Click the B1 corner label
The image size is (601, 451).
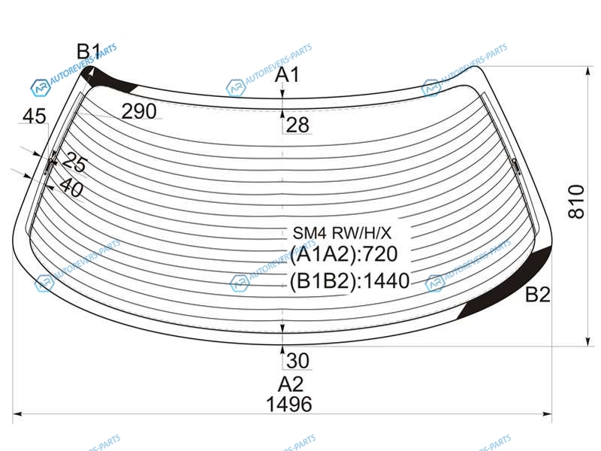pos(89,52)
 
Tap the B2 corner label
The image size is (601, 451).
pos(537,295)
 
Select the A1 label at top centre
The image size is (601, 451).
pos(288,75)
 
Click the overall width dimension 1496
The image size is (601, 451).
pos(288,404)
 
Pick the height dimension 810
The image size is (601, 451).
pos(576,201)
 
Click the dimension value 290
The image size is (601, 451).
pos(139,112)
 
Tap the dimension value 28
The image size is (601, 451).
pos(297,126)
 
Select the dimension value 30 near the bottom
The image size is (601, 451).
pos(297,361)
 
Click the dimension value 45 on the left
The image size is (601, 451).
pos(34,116)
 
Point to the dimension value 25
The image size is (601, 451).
pos(74,161)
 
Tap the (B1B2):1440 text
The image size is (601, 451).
pos(349,282)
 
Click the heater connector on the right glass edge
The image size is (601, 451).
pos(515,165)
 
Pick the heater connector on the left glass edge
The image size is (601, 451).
pos(52,163)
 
